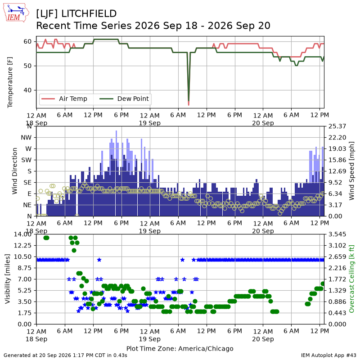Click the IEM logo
point(16,13)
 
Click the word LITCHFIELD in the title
point(89,14)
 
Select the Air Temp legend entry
point(64,99)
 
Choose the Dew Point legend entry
point(124,99)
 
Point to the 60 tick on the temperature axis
point(27,41)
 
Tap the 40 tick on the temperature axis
point(27,90)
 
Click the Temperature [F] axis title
point(10,82)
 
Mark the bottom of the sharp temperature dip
point(189,105)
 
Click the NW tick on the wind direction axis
point(26,138)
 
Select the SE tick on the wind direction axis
point(27,183)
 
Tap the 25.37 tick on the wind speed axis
point(337,126)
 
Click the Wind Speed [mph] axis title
point(351,171)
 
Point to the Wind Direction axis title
point(15,171)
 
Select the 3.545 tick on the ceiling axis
point(337,234)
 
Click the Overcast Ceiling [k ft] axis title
point(351,279)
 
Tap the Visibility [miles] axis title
point(8,279)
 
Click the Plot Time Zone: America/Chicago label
point(180,348)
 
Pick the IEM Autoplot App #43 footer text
point(328,355)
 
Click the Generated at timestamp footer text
point(65,355)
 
